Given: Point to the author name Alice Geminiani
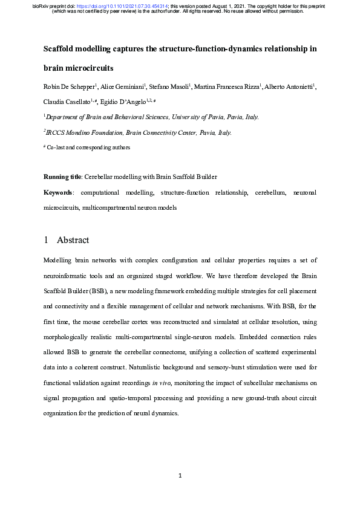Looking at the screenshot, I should tap(121, 87).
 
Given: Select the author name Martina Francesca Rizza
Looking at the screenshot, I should tap(228, 87).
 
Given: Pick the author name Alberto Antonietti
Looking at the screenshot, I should tap(288, 87).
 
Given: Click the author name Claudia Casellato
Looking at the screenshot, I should tap(67, 102).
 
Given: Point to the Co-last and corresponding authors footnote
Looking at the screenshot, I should tap(90, 147).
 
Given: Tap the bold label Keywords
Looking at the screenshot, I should tap(58, 192).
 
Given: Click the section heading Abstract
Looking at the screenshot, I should tap(73, 240).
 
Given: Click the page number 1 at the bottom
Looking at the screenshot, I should tap(180, 476).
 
